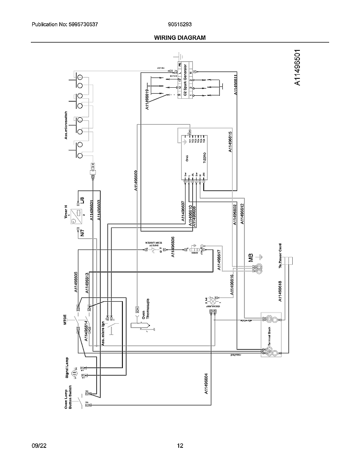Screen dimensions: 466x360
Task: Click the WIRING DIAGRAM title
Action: point(180,38)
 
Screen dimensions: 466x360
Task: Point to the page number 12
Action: point(180,446)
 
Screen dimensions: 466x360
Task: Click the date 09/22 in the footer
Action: point(39,446)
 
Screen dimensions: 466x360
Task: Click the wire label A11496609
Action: point(136,181)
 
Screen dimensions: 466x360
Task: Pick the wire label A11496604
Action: point(206,384)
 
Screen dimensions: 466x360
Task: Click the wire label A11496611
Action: point(235,85)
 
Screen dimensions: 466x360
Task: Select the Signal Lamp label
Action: point(67,367)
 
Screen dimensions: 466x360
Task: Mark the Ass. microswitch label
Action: point(66,125)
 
